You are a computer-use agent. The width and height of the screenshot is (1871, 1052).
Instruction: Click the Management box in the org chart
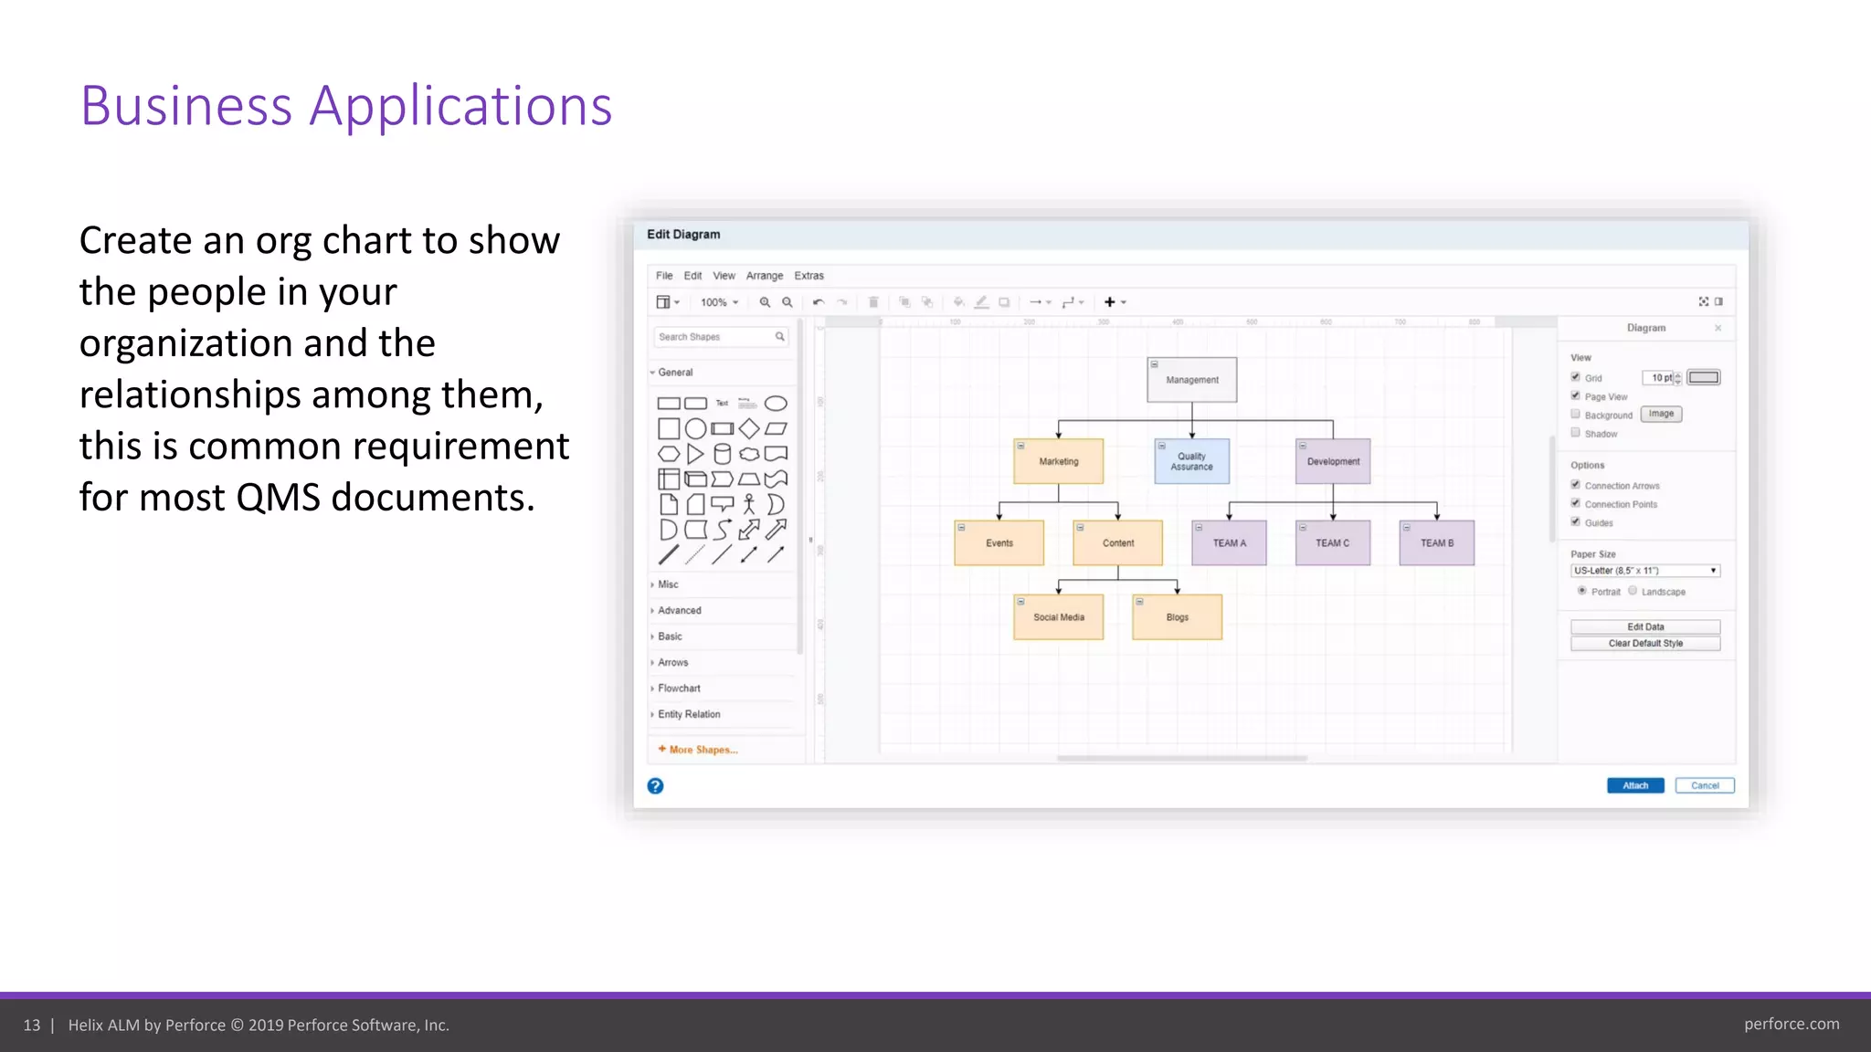(x=1191, y=380)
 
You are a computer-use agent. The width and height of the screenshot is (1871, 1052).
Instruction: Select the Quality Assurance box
(x=1191, y=461)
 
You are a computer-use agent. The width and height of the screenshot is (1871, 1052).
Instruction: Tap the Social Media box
(x=1058, y=617)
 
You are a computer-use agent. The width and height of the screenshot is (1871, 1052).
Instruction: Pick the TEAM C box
(x=1332, y=543)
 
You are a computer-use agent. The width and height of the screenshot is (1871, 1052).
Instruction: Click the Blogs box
(x=1177, y=617)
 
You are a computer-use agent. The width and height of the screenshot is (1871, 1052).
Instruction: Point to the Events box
(x=999, y=543)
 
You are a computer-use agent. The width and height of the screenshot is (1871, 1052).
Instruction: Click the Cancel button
(x=1704, y=785)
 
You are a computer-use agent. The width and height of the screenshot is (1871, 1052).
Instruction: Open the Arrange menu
(x=764, y=276)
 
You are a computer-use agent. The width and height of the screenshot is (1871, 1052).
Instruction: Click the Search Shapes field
(x=714, y=337)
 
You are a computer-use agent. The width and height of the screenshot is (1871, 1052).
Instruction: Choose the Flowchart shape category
(x=679, y=689)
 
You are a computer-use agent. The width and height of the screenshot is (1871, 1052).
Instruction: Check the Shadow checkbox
(x=1575, y=433)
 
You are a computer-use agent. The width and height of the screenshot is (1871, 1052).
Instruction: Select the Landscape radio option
(x=1633, y=591)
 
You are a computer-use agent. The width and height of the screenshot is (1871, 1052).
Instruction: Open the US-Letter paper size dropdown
(x=1644, y=571)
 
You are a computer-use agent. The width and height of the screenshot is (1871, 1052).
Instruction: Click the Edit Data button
(x=1644, y=626)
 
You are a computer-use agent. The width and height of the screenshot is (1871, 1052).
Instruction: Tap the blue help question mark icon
(x=655, y=786)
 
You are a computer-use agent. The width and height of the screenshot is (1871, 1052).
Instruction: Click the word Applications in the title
(x=460, y=106)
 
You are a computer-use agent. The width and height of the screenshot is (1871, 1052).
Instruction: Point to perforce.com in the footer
(x=1791, y=1024)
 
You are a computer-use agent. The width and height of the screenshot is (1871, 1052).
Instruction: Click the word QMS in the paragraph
(x=278, y=498)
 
